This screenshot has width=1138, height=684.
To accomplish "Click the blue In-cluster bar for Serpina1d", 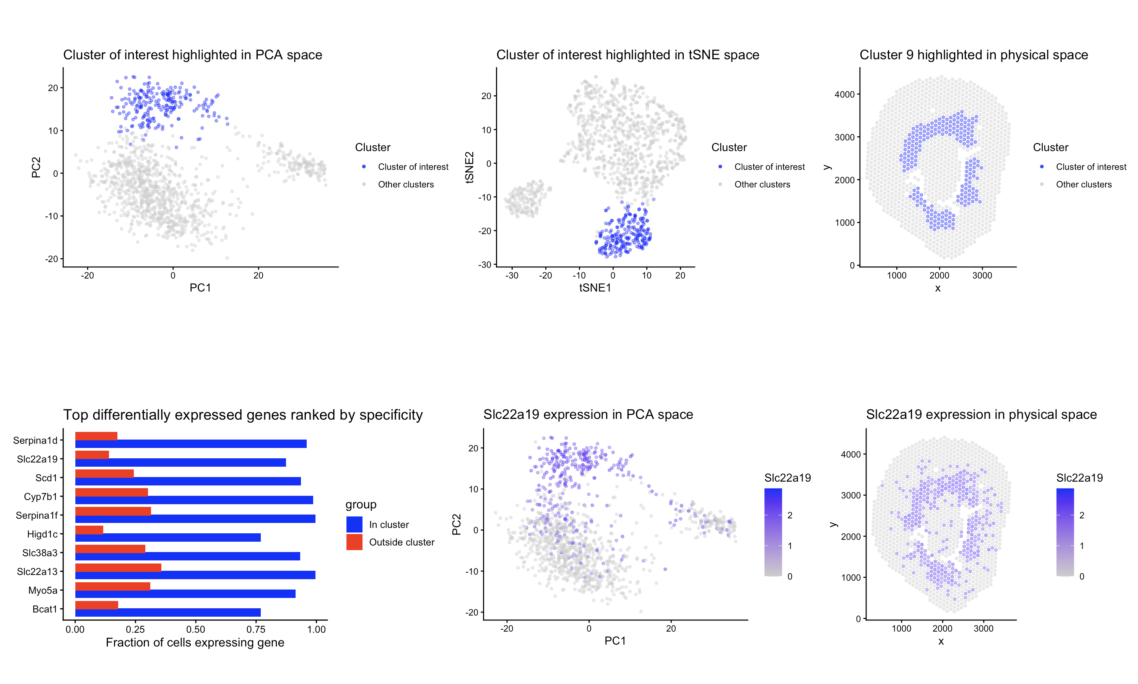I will click(190, 444).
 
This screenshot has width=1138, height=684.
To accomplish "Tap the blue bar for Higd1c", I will click(168, 537).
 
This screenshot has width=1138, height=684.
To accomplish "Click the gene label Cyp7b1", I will click(41, 497).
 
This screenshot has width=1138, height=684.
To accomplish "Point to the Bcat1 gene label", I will click(45, 609).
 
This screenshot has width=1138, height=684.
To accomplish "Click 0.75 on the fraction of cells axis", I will click(256, 629).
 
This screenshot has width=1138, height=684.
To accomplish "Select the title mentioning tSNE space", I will click(627, 55).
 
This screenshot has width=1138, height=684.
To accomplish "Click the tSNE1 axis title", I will click(595, 288).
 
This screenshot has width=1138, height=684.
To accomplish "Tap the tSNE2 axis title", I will click(470, 167).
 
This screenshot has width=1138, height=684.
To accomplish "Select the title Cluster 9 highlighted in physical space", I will click(973, 55).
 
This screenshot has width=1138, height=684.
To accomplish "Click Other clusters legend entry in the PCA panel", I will click(405, 184).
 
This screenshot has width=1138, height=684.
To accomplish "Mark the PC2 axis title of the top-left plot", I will click(36, 167).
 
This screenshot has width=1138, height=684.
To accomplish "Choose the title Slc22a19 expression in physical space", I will click(981, 414).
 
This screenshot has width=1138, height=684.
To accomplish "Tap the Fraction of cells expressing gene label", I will click(195, 643).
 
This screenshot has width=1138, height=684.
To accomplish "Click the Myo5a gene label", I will click(42, 590).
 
